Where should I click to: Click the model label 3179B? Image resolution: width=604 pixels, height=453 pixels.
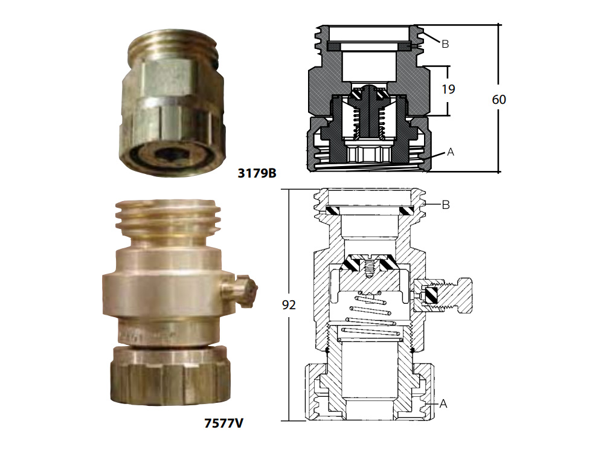tap(257, 173)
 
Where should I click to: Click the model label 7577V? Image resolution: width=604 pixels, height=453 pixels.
tap(223, 423)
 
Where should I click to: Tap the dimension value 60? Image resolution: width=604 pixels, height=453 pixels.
tap(499, 100)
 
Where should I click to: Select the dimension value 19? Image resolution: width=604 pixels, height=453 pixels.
tap(448, 89)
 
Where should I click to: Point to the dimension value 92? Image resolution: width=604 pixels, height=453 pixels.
tap(289, 304)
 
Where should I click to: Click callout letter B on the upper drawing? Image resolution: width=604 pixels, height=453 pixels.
tap(445, 44)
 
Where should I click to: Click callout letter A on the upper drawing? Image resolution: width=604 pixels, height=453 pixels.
tap(451, 152)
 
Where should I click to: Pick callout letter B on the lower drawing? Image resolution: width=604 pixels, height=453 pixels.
tap(446, 205)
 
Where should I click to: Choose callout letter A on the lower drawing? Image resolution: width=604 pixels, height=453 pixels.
tap(443, 403)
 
